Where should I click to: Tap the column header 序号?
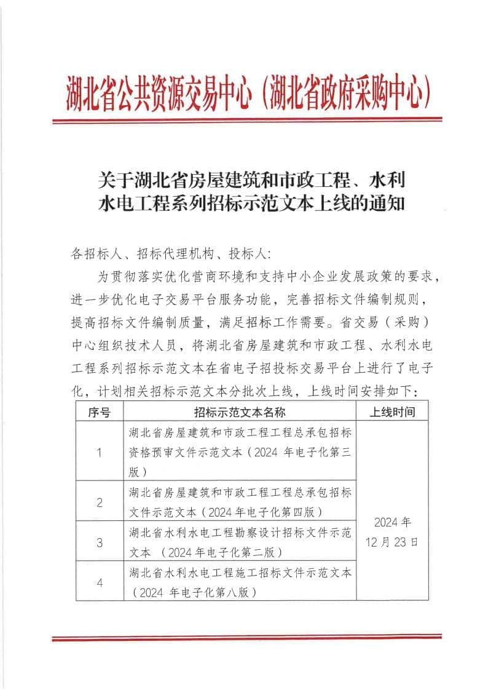point(99,412)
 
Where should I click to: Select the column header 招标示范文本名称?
point(240,412)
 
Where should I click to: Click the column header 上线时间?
point(392,412)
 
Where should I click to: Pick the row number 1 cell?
point(99,453)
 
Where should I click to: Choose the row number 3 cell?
point(99,542)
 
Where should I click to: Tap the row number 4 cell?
point(99,582)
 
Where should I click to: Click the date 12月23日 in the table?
point(392,542)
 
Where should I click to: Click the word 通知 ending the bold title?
point(387,204)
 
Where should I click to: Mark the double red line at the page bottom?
point(246,638)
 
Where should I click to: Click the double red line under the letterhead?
point(246,120)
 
